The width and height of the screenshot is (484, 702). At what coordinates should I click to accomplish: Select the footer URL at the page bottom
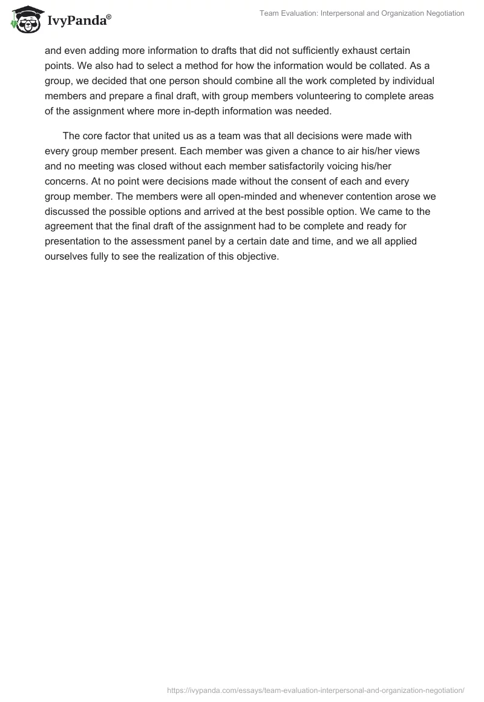(x=315, y=689)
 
